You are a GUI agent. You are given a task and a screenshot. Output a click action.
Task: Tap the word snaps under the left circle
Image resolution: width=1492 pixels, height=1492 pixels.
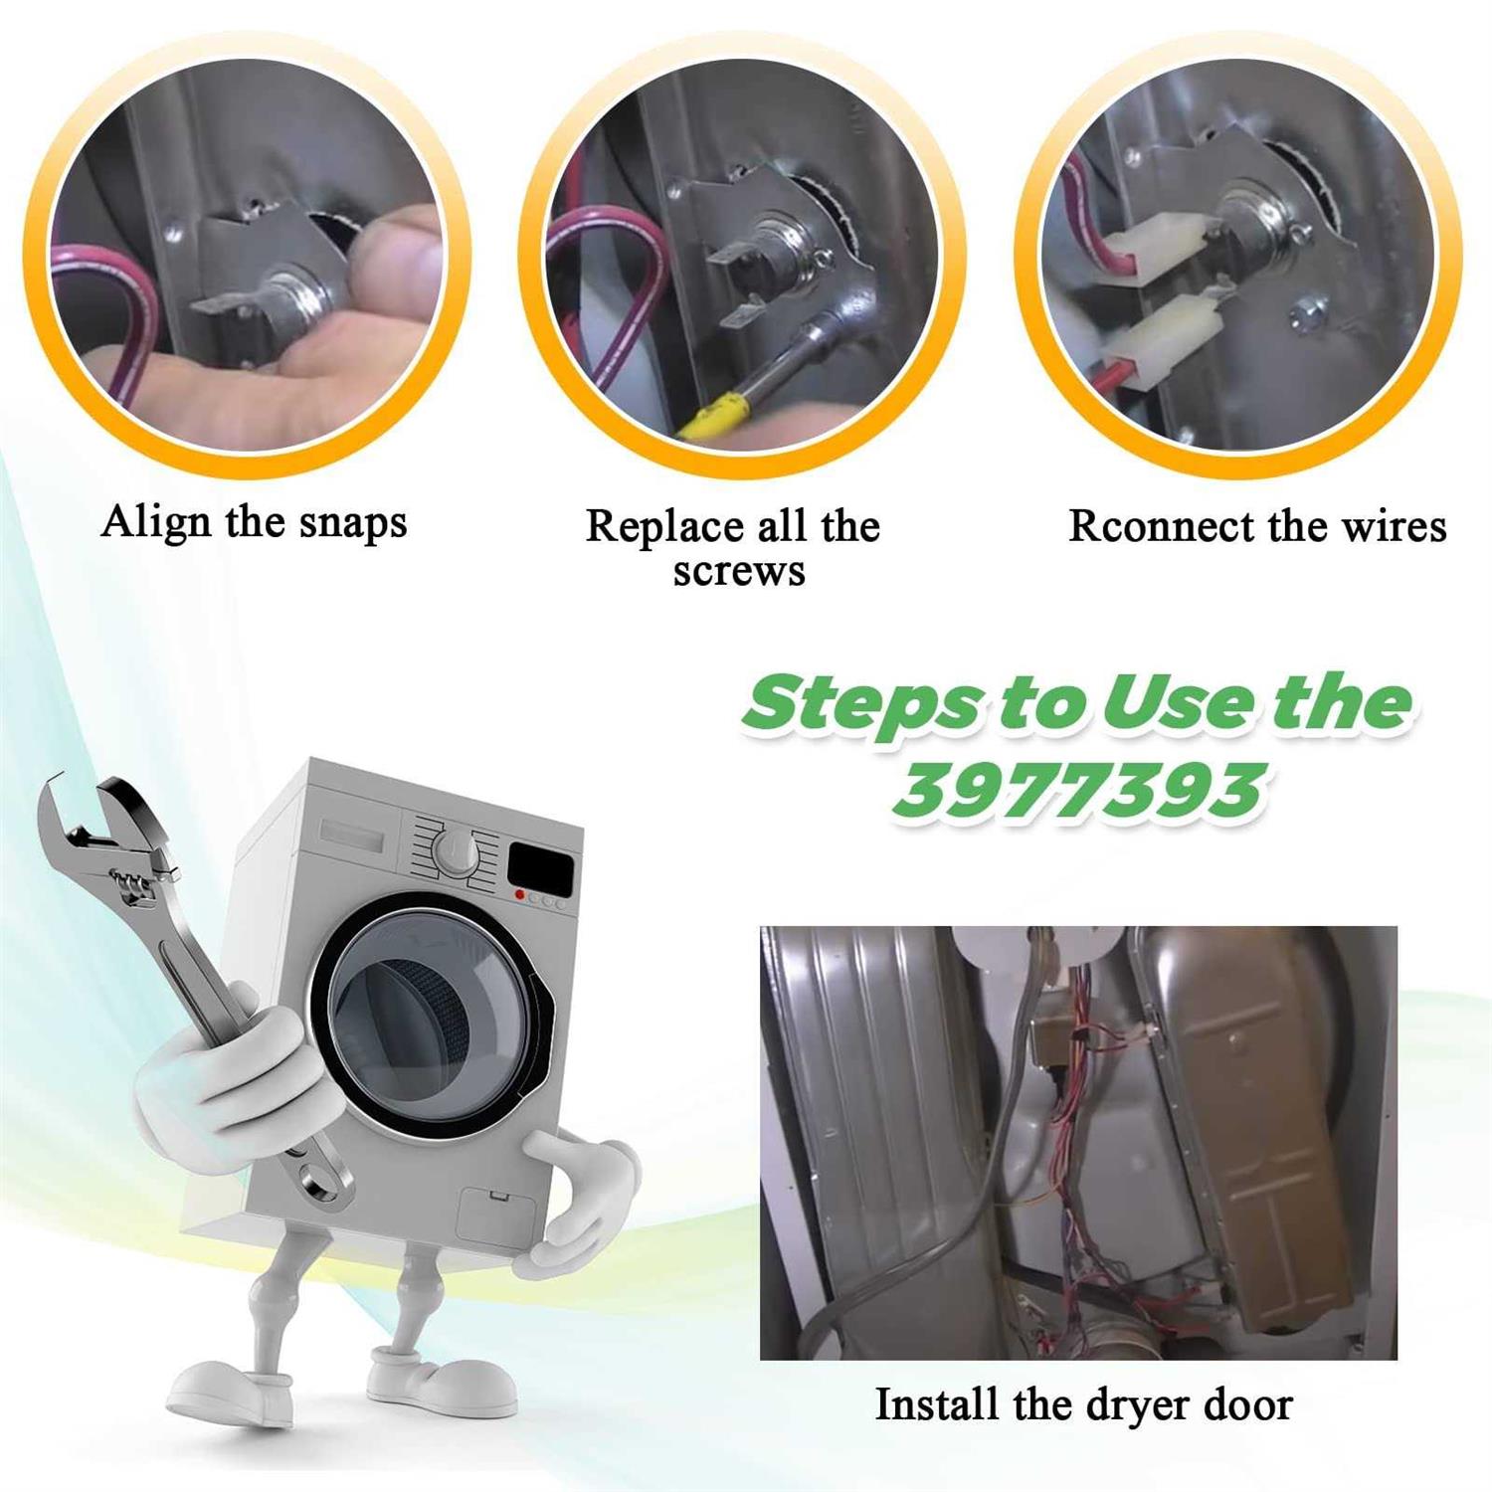[353, 523]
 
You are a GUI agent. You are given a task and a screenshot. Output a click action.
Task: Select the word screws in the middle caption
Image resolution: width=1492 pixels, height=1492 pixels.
[739, 571]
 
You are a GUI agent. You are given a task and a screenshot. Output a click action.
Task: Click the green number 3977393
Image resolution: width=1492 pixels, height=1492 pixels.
[1078, 791]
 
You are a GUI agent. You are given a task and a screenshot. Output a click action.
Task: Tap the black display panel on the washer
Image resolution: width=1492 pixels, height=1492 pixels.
[541, 866]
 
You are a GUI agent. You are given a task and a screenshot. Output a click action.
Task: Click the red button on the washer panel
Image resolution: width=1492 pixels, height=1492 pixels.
[519, 895]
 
